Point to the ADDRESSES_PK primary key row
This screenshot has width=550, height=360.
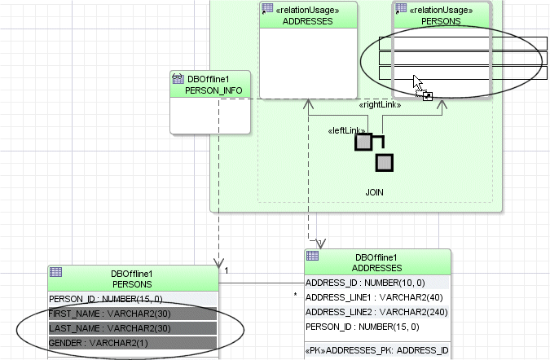click(376, 350)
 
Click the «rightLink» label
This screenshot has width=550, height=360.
click(381, 105)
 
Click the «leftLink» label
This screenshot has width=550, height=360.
click(344, 131)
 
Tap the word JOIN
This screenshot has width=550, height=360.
click(374, 192)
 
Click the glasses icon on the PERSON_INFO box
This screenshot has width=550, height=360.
click(178, 79)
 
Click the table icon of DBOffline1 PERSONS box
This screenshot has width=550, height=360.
click(56, 272)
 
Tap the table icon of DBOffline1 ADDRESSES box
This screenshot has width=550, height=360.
click(312, 257)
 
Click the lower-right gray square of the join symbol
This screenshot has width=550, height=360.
click(384, 162)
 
